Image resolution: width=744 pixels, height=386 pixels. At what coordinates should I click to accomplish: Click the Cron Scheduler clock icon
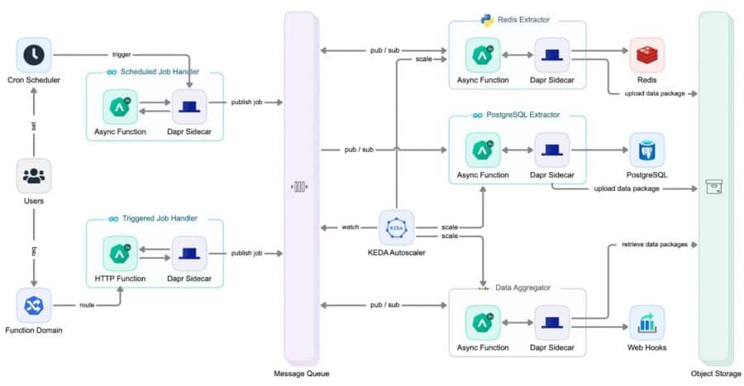(34, 55)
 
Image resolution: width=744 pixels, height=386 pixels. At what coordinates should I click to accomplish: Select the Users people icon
(34, 176)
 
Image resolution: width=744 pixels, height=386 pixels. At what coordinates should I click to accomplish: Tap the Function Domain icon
(34, 306)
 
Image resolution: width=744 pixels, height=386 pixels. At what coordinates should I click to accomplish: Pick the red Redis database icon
(646, 55)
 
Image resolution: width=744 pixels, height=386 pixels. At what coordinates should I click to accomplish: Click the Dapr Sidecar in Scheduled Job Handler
(188, 106)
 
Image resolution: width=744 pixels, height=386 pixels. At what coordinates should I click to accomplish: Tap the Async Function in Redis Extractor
(482, 55)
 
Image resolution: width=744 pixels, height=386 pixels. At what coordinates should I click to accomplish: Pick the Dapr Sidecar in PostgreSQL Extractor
(551, 150)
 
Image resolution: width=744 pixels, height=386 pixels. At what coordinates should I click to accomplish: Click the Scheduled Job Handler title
(160, 73)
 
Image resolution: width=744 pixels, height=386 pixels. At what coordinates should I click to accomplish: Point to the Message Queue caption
(301, 374)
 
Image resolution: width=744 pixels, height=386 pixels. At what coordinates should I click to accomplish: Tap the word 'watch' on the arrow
(350, 226)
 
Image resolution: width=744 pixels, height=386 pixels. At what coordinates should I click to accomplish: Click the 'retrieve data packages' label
(648, 245)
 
